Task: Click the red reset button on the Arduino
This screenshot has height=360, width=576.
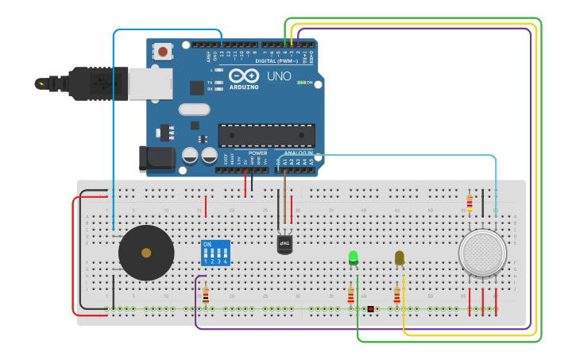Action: [x=163, y=52]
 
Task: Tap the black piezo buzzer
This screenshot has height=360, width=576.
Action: [x=146, y=253]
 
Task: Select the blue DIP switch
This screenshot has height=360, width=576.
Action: [x=215, y=253]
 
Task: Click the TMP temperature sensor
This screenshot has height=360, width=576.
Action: [x=285, y=244]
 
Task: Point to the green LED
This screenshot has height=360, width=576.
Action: [x=354, y=257]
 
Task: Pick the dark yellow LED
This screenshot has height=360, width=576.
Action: [x=399, y=257]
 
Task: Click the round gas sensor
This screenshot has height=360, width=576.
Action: [x=481, y=253]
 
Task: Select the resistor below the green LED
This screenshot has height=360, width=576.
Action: [x=350, y=296]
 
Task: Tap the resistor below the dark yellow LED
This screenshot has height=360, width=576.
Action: [x=397, y=296]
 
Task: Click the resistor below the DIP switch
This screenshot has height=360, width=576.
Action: [x=205, y=296]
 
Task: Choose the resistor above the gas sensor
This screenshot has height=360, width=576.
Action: [x=469, y=203]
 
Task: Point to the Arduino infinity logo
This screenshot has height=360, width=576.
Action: [x=244, y=75]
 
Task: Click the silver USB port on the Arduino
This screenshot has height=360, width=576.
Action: [x=149, y=83]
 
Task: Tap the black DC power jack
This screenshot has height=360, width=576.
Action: [x=156, y=159]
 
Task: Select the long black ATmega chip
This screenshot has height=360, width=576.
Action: [x=266, y=135]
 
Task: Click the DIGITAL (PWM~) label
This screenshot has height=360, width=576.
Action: [x=276, y=60]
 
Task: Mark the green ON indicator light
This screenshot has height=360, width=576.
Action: [x=300, y=82]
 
